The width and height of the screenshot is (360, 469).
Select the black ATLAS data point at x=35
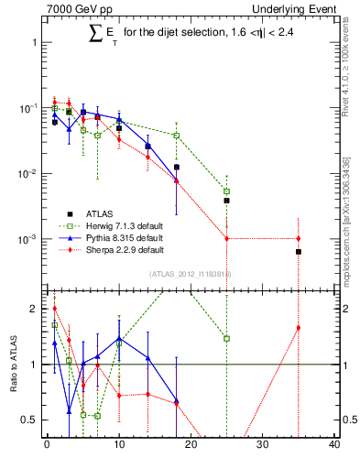[x=299, y=251]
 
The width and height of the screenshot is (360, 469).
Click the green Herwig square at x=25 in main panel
[x=226, y=191]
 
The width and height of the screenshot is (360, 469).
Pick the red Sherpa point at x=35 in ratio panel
[x=299, y=328]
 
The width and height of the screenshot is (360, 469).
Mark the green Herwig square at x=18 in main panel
[x=176, y=136]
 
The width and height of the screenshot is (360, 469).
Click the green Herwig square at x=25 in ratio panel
[x=226, y=338]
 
